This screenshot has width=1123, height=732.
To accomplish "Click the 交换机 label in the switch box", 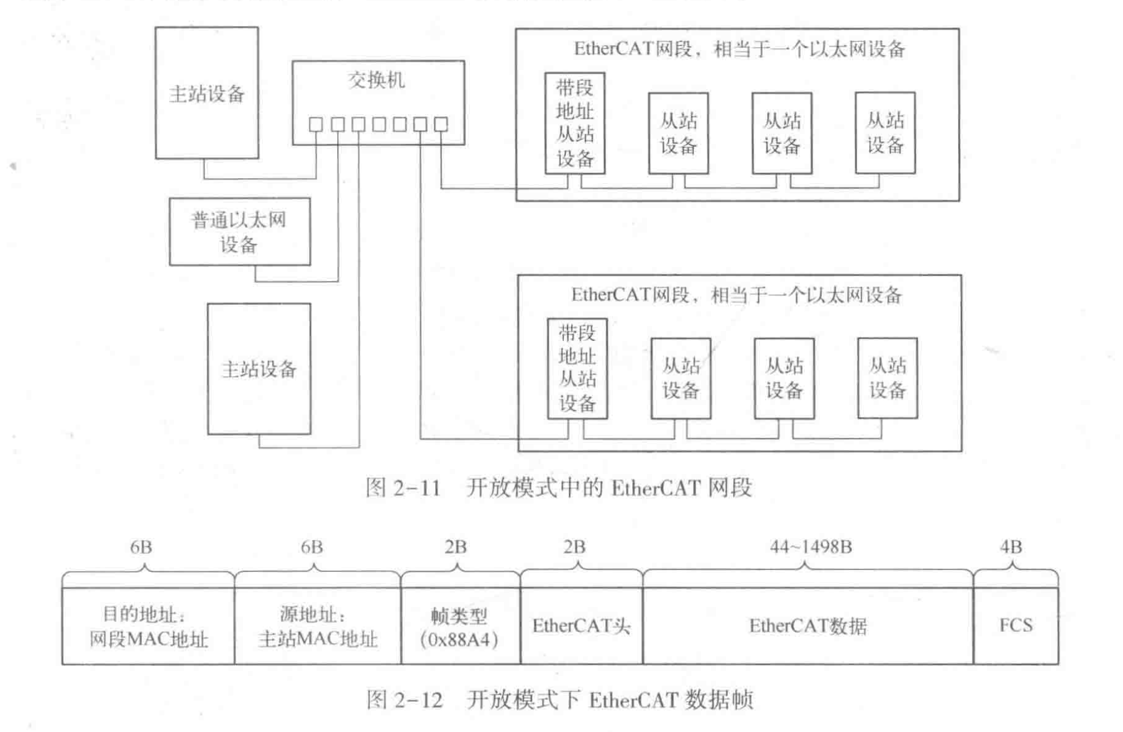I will click(x=376, y=80).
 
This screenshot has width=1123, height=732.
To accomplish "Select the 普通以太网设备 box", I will click(x=239, y=232).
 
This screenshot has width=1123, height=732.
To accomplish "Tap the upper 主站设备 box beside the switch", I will click(x=207, y=93).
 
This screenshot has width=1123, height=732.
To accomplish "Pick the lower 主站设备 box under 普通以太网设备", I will click(x=259, y=369).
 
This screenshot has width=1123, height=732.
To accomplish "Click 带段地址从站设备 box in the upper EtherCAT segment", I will click(x=574, y=123).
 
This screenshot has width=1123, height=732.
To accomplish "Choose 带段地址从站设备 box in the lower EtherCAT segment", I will click(x=577, y=369).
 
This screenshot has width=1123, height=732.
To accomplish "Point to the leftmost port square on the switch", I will click(x=316, y=125).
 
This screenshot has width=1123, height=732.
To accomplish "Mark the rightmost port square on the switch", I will click(x=441, y=125).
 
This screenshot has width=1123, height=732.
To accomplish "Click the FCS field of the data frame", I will click(x=1015, y=626).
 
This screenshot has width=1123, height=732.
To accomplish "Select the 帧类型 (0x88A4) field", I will click(x=459, y=627).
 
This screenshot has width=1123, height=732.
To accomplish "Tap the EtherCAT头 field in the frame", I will click(x=581, y=626).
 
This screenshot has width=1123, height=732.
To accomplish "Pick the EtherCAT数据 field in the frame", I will click(x=807, y=626).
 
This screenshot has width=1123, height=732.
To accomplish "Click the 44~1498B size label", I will click(x=811, y=547).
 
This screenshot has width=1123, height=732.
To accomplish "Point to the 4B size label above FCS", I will click(x=1011, y=547).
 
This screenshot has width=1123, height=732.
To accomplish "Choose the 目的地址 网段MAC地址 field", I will click(x=148, y=627).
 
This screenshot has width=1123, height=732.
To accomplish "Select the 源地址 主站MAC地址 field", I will click(x=317, y=627).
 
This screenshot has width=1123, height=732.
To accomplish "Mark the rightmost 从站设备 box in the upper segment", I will click(x=885, y=133).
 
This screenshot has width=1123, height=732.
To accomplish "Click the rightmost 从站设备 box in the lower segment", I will click(x=887, y=378).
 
